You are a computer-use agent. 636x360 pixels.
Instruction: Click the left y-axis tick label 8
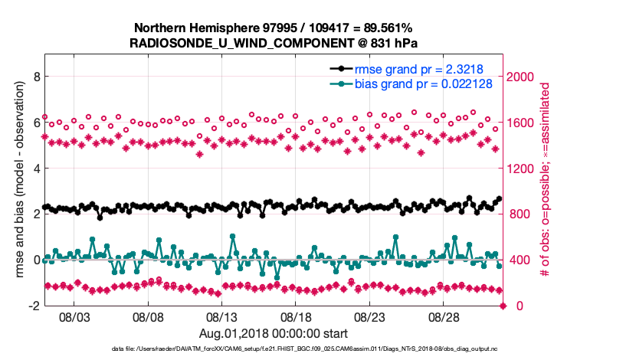(35, 77)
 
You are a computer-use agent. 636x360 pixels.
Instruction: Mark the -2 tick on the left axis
(33, 306)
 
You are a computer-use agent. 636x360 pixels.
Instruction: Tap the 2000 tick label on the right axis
(522, 77)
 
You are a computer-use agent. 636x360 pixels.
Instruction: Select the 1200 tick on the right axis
(522, 169)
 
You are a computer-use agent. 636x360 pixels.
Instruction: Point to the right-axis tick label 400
(519, 260)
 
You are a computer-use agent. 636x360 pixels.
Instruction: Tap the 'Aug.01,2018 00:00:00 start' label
(274, 332)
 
